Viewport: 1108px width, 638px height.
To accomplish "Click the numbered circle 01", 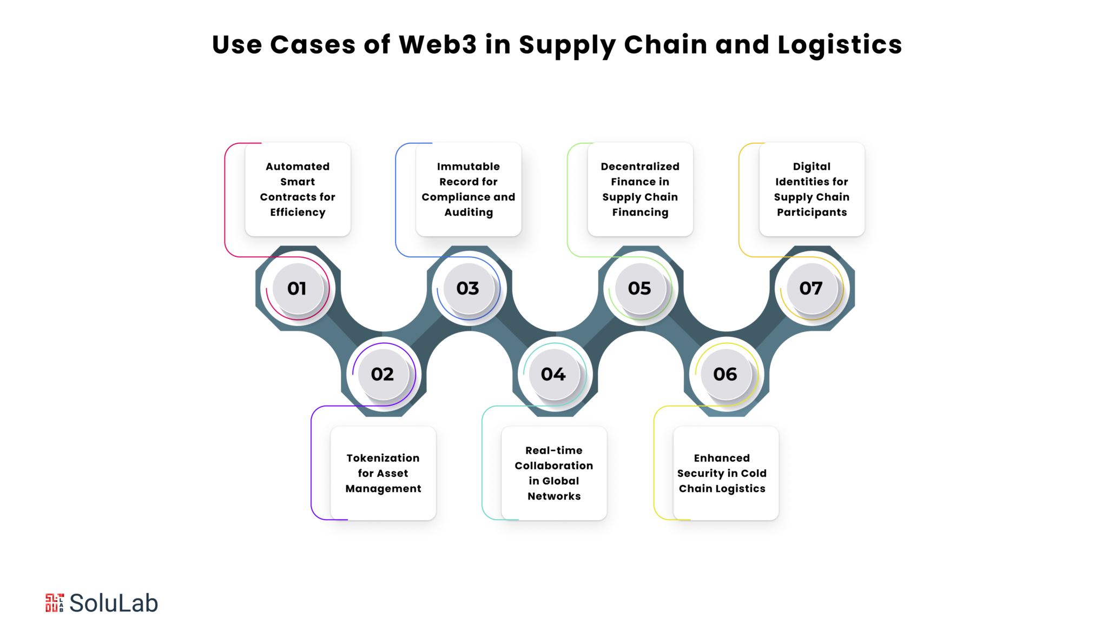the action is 298,288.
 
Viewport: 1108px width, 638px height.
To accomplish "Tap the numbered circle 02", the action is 383,374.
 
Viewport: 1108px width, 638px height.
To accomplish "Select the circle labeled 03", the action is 469,288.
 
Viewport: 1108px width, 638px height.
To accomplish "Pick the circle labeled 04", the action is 554,374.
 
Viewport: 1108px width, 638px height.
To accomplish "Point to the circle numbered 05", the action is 640,288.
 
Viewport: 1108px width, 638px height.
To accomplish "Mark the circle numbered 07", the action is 812,288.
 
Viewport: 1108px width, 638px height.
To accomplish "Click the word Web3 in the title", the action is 438,44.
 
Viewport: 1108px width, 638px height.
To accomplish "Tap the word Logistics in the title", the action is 840,45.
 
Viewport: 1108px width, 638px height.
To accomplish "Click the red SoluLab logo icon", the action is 55,603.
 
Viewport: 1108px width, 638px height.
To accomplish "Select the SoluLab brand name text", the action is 114,603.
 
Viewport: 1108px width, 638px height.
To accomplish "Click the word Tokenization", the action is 383,458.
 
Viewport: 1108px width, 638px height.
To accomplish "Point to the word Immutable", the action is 469,167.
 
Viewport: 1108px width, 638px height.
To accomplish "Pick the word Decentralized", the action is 640,167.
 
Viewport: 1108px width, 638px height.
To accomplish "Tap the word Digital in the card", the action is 812,167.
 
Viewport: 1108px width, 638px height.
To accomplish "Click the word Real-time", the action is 554,450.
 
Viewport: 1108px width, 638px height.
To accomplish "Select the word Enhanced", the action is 722,458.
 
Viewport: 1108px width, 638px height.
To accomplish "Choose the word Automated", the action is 298,167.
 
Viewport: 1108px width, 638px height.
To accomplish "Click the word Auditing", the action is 469,212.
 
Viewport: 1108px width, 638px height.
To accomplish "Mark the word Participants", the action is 812,212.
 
